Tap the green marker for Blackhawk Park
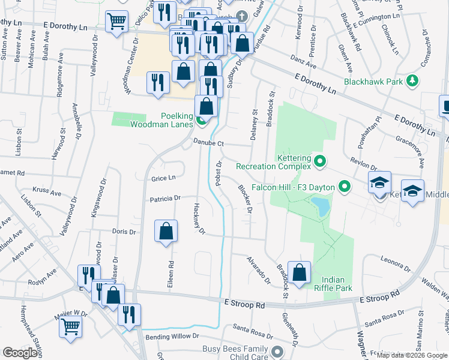click(x=412, y=80)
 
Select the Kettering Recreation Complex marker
click(x=319, y=161)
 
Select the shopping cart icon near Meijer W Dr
click(x=71, y=328)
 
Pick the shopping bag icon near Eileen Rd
click(x=166, y=231)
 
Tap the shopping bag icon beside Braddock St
click(x=298, y=272)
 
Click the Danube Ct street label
click(x=208, y=143)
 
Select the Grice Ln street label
click(x=163, y=178)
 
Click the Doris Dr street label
click(x=124, y=231)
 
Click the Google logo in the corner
click(x=20, y=353)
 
